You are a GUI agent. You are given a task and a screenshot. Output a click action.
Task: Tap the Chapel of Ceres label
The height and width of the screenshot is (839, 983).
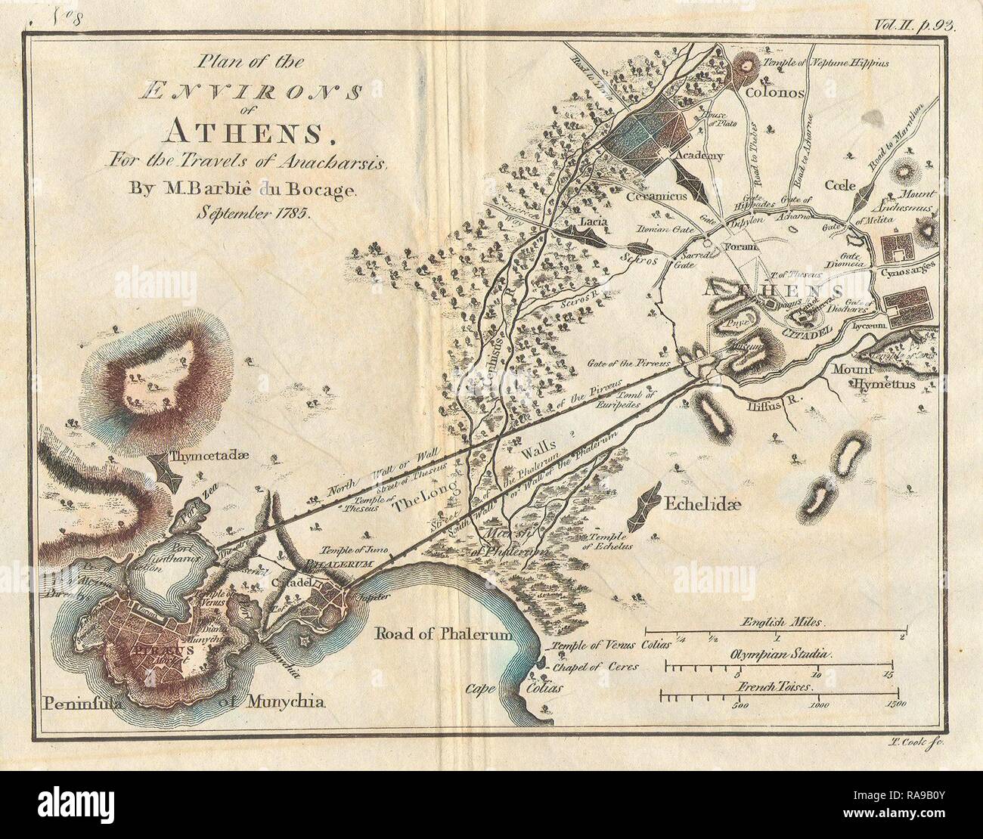coord(596,667)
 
